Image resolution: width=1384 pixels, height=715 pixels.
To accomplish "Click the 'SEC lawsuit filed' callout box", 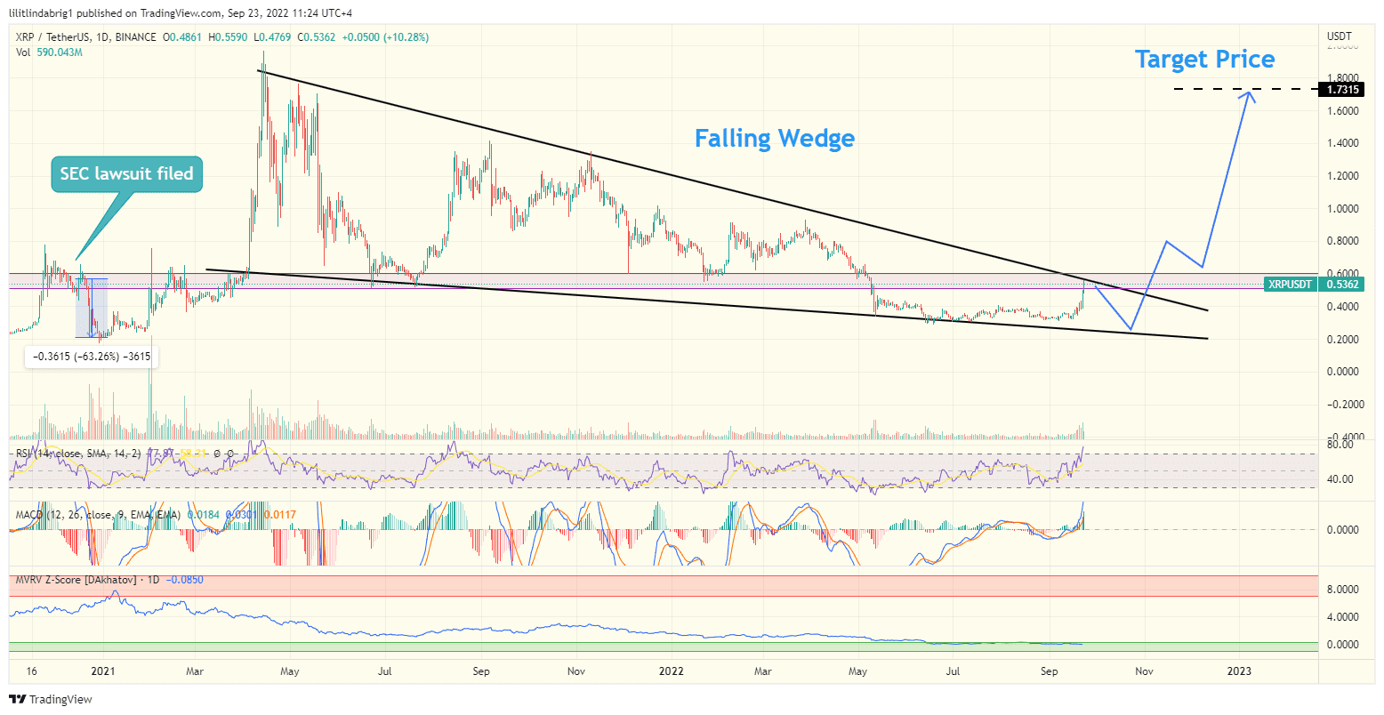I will [x=126, y=173].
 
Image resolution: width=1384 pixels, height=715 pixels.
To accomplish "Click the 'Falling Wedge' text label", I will [x=774, y=139].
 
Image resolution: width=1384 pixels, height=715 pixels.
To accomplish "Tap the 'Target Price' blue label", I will [x=1204, y=60].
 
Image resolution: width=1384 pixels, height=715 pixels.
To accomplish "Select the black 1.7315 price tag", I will [x=1342, y=90].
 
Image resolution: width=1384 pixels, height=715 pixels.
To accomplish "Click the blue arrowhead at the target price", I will [x=1252, y=95].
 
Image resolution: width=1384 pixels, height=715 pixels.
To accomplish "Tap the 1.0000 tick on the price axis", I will [x=1342, y=209].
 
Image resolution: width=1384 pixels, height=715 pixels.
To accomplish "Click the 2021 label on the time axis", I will [x=103, y=671].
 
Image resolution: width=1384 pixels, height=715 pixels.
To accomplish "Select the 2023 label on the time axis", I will [x=1239, y=671].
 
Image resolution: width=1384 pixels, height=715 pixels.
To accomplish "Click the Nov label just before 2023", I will [x=1144, y=671].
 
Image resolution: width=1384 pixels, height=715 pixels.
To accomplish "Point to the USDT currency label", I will [x=1339, y=36].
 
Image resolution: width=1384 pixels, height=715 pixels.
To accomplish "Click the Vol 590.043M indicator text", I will [x=49, y=52].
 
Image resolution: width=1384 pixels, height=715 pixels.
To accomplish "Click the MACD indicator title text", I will [x=98, y=514].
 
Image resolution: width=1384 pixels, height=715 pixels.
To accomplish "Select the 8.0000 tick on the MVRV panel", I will [x=1342, y=590].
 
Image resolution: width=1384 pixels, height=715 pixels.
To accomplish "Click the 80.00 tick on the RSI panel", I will [x=1340, y=444].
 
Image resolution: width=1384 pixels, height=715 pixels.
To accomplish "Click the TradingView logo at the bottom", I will [x=51, y=700].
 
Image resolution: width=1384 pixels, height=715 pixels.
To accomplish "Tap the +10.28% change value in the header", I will [x=406, y=37].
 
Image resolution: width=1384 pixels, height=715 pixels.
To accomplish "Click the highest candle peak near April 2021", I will [x=263, y=53].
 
